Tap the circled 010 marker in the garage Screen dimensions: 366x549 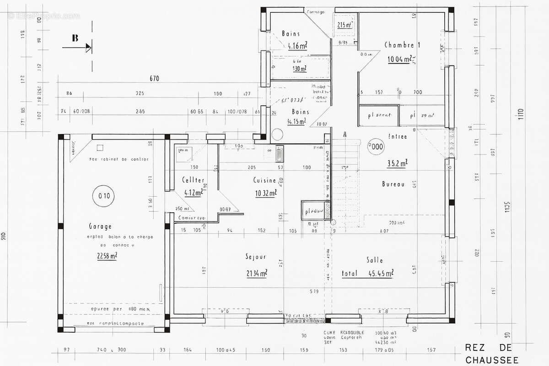coord(103,196)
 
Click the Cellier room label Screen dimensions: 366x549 coord(193,180)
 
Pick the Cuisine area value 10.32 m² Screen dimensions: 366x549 coord(266,194)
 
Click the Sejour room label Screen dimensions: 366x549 coord(256,257)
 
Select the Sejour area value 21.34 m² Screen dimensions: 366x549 coord(256,273)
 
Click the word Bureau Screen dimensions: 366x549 coord(393,184)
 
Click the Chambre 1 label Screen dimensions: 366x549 coord(402,45)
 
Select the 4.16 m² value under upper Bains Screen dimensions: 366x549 coord(297,45)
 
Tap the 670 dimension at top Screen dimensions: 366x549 coord(154,79)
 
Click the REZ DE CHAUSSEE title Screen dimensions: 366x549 coord(492,354)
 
